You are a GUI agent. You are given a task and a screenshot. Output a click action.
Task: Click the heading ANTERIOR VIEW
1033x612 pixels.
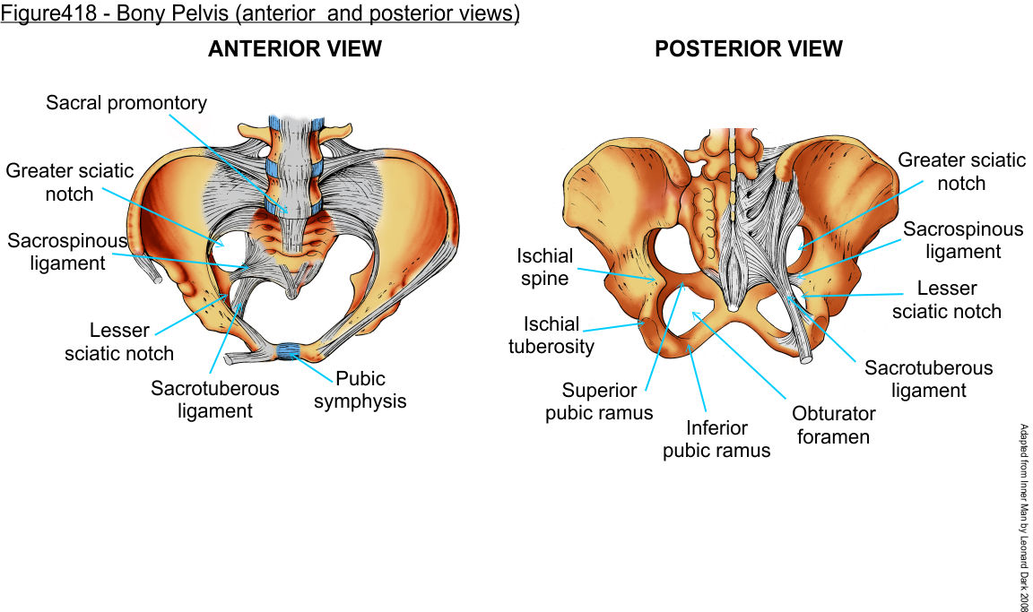pyautogui.click(x=295, y=49)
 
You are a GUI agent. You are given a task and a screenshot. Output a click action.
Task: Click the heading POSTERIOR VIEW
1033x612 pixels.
pyautogui.click(x=749, y=49)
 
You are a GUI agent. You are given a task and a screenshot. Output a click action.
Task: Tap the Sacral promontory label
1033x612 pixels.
pyautogui.click(x=126, y=103)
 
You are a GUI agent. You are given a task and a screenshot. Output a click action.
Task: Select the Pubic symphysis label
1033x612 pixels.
pyautogui.click(x=360, y=389)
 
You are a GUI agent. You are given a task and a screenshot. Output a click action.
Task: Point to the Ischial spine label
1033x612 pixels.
pyautogui.click(x=543, y=267)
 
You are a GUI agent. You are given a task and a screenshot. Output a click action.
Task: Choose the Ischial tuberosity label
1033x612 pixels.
pyautogui.click(x=551, y=334)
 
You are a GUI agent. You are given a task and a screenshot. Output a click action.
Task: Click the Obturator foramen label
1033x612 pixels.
pyautogui.click(x=833, y=426)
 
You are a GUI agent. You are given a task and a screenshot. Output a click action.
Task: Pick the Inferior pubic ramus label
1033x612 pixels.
pyautogui.click(x=716, y=439)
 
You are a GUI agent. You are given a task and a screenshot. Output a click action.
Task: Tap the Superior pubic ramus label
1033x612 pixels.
pyautogui.click(x=599, y=401)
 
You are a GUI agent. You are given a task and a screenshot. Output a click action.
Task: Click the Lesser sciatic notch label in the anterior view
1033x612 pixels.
pyautogui.click(x=119, y=342)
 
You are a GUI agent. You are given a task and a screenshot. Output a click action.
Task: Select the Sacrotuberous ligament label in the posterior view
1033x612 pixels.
pyautogui.click(x=928, y=379)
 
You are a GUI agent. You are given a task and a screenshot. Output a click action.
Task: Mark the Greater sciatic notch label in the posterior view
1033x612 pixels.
pyautogui.click(x=961, y=172)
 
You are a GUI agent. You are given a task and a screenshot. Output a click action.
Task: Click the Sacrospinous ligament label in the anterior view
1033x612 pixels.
pyautogui.click(x=56, y=252)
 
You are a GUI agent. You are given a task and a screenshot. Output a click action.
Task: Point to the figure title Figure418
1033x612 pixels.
pyautogui.click(x=260, y=15)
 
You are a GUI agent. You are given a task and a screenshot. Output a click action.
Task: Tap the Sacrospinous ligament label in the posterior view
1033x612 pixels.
pyautogui.click(x=962, y=240)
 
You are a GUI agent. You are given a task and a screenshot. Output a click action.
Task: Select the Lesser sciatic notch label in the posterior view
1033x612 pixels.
pyautogui.click(x=946, y=300)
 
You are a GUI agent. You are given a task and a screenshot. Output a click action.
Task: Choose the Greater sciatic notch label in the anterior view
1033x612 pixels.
pyautogui.click(x=69, y=182)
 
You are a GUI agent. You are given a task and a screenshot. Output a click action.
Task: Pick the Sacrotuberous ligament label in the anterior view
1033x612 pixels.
pyautogui.click(x=214, y=400)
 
